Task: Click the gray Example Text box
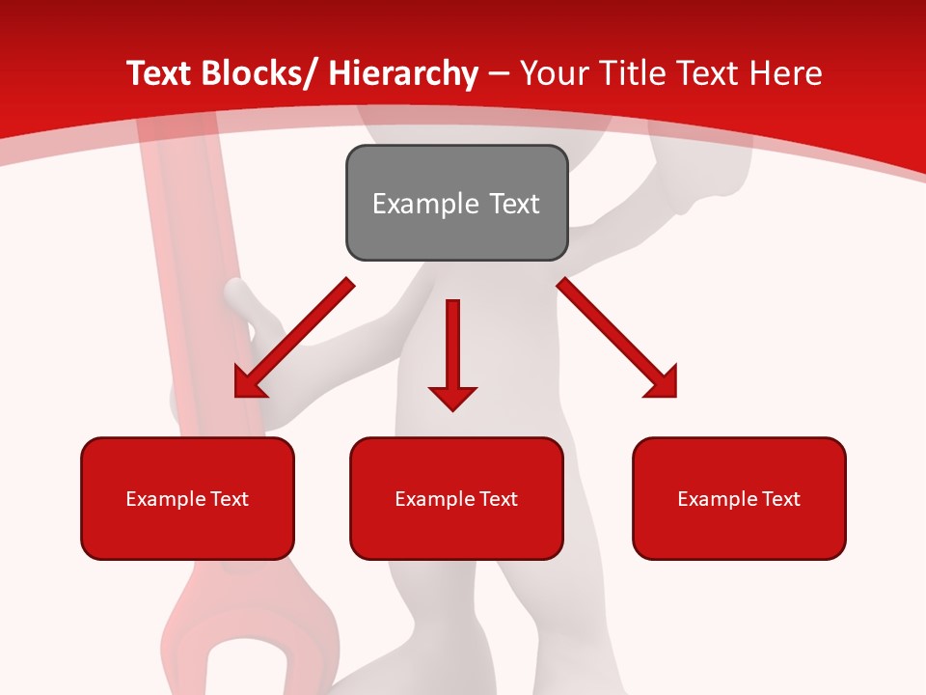click(456, 203)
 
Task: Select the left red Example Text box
click(187, 498)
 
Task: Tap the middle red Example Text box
click(456, 498)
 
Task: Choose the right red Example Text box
click(739, 498)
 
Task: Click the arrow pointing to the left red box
click(294, 338)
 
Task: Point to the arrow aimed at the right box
click(617, 338)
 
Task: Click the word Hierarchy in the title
click(403, 73)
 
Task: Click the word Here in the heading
click(786, 73)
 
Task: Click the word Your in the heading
click(550, 73)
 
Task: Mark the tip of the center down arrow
click(452, 409)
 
